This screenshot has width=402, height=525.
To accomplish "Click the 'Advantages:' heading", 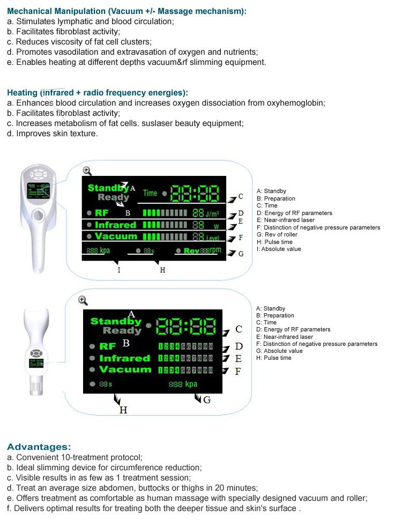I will click(x=39, y=447).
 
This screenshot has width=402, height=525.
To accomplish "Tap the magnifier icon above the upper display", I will click(x=87, y=171).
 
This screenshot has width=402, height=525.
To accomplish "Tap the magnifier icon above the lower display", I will click(x=83, y=300).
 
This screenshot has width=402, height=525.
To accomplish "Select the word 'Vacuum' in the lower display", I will click(x=125, y=369).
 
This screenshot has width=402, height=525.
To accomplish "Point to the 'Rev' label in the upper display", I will click(x=191, y=251).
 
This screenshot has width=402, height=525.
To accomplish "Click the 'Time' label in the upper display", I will click(x=150, y=193).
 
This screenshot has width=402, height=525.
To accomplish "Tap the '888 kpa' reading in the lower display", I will click(x=183, y=384).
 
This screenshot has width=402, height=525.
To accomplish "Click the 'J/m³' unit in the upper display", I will click(x=212, y=213).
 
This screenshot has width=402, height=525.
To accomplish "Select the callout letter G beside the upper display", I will click(x=241, y=254).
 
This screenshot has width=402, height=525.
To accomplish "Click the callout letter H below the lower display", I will click(x=123, y=410).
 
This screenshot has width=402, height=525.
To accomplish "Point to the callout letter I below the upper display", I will click(x=119, y=270).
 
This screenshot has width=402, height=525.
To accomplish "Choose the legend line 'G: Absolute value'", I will click(x=279, y=351).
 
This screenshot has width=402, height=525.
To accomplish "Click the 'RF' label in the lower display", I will click(x=107, y=346).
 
